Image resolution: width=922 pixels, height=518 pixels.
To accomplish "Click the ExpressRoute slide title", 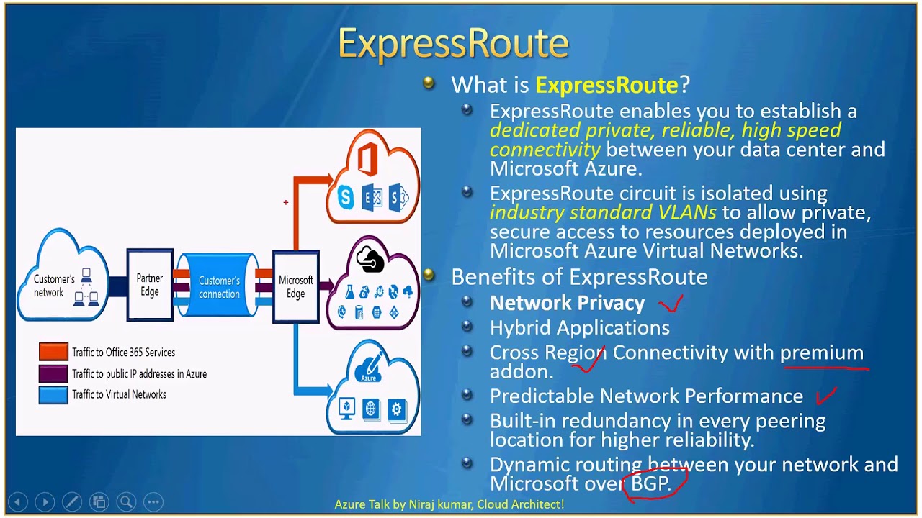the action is click(x=453, y=44).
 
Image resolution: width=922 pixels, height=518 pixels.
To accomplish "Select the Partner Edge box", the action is click(x=150, y=285).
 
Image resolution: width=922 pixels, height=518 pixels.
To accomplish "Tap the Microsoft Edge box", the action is click(x=295, y=286).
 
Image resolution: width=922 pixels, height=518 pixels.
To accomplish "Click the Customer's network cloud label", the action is click(x=54, y=286).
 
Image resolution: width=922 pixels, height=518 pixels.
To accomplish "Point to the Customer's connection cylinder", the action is click(x=218, y=287).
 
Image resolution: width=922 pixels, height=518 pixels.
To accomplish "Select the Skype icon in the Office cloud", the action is click(x=346, y=198).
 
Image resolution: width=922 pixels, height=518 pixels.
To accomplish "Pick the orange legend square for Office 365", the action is click(x=53, y=352).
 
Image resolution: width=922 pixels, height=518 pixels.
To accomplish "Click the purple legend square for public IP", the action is click(x=53, y=373).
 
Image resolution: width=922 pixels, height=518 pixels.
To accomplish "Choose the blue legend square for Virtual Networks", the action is click(x=53, y=394).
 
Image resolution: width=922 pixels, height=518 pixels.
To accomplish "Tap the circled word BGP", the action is click(x=650, y=483).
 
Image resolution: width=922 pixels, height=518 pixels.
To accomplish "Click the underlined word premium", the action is click(x=821, y=353).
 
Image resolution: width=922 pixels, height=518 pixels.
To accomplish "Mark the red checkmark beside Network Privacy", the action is click(x=671, y=304).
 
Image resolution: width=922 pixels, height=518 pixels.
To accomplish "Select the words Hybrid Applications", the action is click(x=579, y=328).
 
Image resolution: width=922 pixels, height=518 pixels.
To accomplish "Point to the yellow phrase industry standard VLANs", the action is click(x=603, y=212).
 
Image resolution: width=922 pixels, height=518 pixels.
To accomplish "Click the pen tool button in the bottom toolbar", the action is click(x=72, y=501).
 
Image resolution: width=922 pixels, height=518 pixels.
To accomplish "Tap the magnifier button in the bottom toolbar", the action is click(x=126, y=501).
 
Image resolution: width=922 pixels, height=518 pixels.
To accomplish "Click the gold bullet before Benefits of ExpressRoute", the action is click(x=429, y=275).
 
